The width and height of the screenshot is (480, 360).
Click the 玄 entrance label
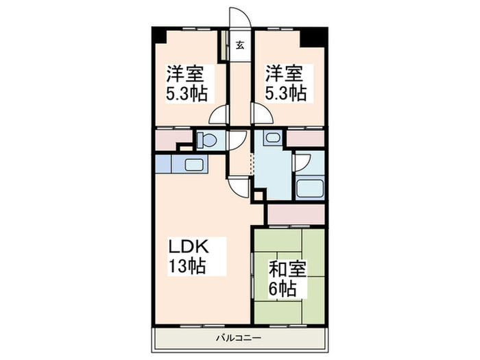[241, 47]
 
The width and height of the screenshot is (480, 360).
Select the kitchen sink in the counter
[194, 165]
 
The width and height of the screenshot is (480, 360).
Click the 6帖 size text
[283, 289]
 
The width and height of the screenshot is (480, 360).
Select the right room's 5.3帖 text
[286, 93]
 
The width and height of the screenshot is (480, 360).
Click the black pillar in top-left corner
[158, 34]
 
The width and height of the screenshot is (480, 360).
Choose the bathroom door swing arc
[302, 162]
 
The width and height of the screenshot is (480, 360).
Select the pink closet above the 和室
[294, 214]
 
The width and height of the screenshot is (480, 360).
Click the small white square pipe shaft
[258, 197]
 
